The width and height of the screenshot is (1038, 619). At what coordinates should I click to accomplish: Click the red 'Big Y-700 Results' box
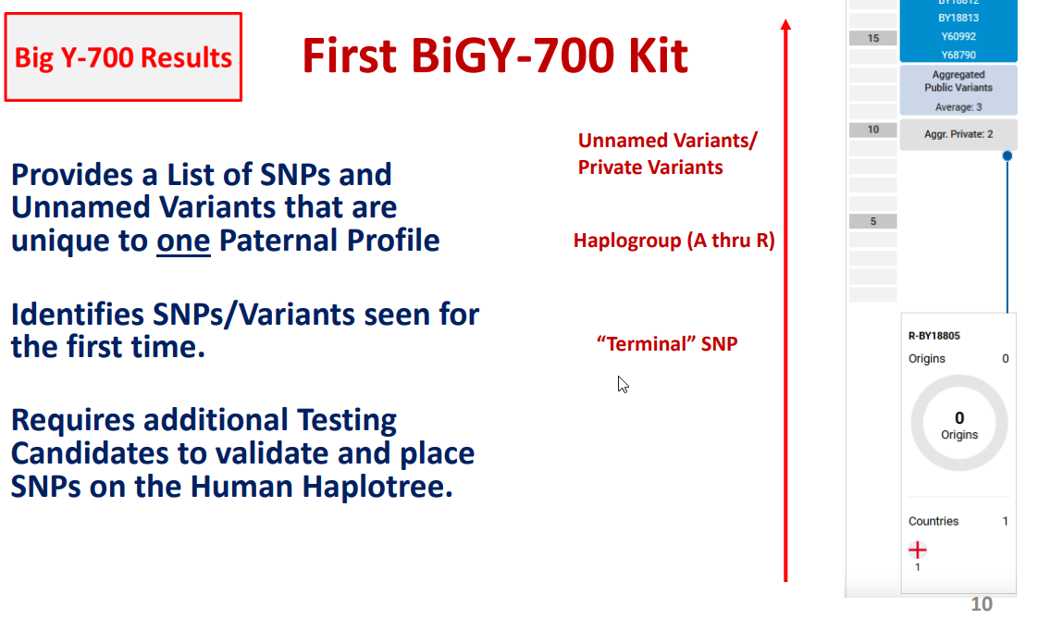point(123,57)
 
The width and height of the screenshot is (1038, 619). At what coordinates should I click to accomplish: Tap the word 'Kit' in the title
point(658,56)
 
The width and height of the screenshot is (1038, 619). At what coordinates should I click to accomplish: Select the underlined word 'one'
point(183,241)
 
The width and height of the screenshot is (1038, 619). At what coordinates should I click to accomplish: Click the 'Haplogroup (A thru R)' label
point(673,241)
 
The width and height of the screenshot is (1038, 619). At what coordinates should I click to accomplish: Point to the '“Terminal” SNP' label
point(667,343)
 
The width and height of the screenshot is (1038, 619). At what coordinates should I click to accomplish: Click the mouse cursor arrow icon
point(623,384)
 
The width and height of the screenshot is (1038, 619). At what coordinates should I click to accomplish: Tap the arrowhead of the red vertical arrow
point(785,24)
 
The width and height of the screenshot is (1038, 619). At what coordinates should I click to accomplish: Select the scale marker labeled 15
point(873,38)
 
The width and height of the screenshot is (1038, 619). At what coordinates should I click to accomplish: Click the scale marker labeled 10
point(873,130)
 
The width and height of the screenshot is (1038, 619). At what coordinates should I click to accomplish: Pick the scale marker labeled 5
point(873,221)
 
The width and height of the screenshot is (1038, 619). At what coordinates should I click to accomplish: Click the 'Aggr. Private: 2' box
point(958,134)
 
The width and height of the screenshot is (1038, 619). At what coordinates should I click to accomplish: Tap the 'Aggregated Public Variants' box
point(958,90)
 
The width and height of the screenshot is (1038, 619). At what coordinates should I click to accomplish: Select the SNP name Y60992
point(958,36)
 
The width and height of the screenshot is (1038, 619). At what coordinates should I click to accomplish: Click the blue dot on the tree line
point(1007,155)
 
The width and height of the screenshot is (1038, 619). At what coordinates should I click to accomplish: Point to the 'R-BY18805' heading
point(933,336)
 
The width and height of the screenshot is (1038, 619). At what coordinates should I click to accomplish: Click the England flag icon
point(918,550)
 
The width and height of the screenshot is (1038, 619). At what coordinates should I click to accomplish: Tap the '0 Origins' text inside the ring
point(959,425)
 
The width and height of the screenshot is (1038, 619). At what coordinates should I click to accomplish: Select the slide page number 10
point(982,604)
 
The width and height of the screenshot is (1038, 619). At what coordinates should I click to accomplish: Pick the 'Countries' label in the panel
point(933,521)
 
